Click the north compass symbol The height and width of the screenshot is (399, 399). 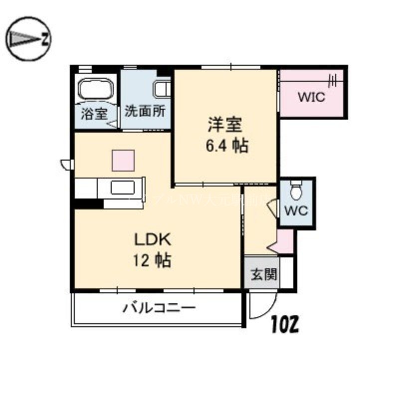click(29, 38)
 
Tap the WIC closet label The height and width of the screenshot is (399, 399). click(311, 96)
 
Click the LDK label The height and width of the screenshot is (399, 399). click(152, 240)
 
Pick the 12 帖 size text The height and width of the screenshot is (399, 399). click(152, 260)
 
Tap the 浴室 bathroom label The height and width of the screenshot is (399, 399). click(94, 113)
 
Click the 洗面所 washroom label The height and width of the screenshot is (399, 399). click(145, 111)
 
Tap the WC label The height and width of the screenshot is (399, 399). click(296, 210)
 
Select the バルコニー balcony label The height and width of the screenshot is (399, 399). click(159, 308)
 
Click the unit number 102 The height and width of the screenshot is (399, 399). click(285, 326)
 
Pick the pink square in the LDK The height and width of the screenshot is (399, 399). click(123, 160)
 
